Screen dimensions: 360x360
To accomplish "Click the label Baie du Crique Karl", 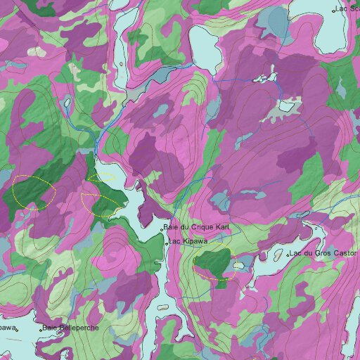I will point(197,227).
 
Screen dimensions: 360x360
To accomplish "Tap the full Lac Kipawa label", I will point(188,242).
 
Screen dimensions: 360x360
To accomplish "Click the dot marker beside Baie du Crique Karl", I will point(162,229).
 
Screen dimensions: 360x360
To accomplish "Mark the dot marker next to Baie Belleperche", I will point(41,328).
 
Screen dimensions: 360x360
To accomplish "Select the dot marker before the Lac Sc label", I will point(334,11).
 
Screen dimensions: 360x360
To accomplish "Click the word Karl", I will point(223,227).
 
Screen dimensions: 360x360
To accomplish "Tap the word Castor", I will point(345,252).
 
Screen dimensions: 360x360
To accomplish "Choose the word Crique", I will point(200,227).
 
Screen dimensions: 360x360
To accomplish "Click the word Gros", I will point(323,252).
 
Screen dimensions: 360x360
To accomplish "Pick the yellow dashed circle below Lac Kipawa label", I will point(212,264).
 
